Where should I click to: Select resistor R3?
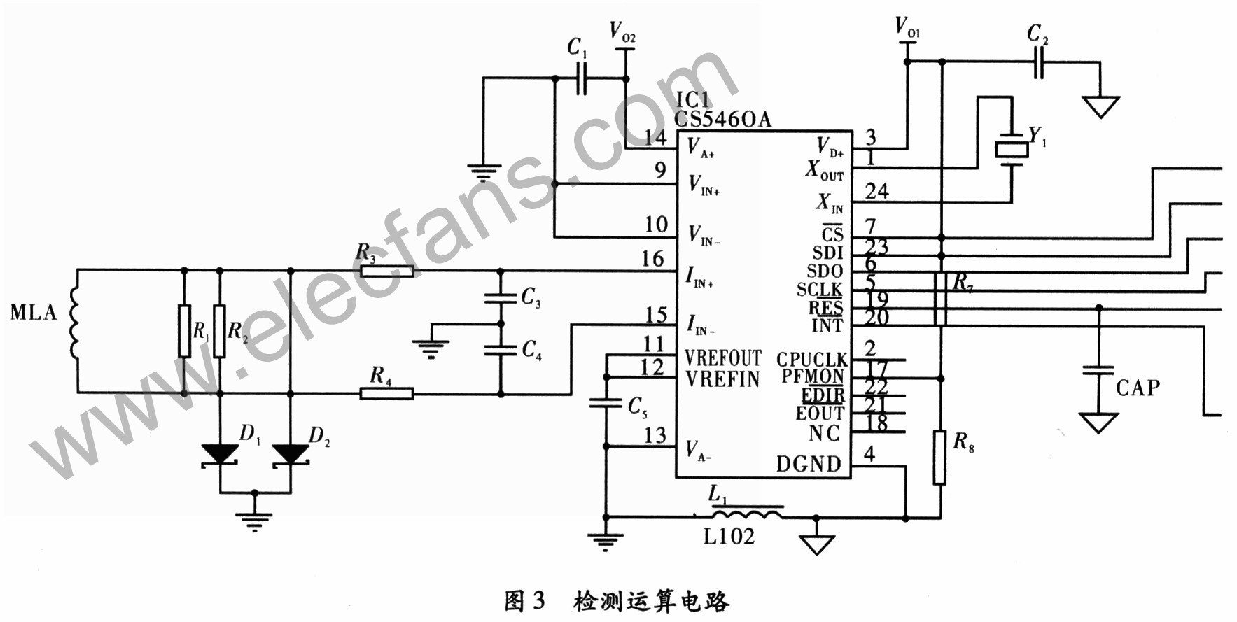coord(386,271)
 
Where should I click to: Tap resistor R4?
coord(386,394)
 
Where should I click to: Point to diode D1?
coord(220,454)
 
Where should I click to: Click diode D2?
coord(291,454)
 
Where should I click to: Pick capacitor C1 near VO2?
coord(581,78)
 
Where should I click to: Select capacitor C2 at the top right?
coord(1039,62)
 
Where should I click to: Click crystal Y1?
coord(1011,149)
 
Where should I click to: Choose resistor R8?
coord(940,458)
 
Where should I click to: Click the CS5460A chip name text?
coord(722,120)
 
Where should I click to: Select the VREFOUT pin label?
coord(722,358)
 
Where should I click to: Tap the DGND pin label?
coord(809,464)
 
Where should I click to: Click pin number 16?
coord(652,260)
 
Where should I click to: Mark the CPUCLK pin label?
coord(811,360)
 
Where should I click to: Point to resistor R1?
coord(184,331)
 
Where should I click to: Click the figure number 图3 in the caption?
coord(524,600)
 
